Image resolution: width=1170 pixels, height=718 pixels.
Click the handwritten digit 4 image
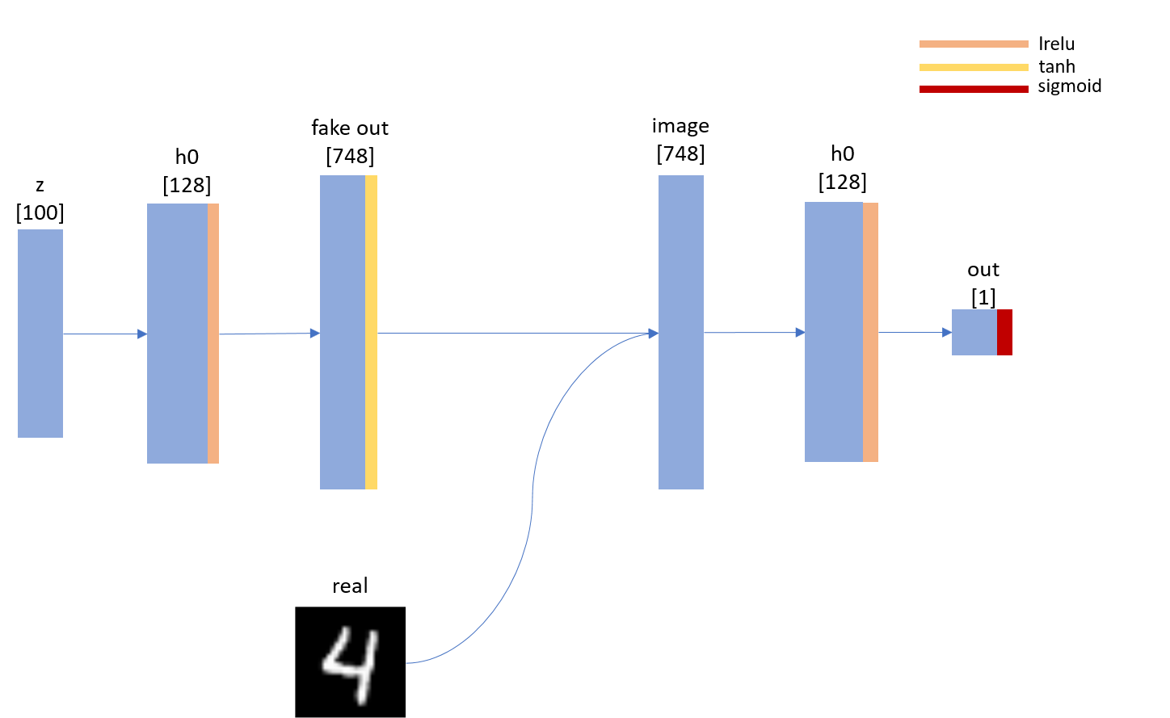[x=350, y=661]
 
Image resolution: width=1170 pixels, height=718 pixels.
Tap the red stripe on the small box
[x=1004, y=332]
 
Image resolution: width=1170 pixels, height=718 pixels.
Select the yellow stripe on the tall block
[x=371, y=332]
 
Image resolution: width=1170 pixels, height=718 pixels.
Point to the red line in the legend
[x=974, y=89]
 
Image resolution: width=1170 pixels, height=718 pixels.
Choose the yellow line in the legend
[x=974, y=67]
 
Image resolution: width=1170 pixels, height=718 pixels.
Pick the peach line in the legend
[x=974, y=44]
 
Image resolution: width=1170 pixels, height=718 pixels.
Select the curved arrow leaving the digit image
[x=532, y=501]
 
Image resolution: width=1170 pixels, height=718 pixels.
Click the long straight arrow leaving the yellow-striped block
[x=517, y=333]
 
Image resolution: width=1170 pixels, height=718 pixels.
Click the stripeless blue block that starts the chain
[x=40, y=334]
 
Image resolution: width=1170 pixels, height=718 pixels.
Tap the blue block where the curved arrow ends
[x=681, y=332]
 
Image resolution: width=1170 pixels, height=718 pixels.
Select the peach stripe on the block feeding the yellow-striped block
[x=213, y=334]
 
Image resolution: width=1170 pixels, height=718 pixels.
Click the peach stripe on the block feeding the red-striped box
[x=870, y=332]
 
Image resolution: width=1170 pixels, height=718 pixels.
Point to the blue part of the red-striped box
[x=974, y=332]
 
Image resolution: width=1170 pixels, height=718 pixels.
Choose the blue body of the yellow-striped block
[x=343, y=332]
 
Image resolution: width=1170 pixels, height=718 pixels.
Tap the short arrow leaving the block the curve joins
[x=754, y=332]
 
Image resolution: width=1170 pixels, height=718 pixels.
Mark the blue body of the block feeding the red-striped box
[x=834, y=332]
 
